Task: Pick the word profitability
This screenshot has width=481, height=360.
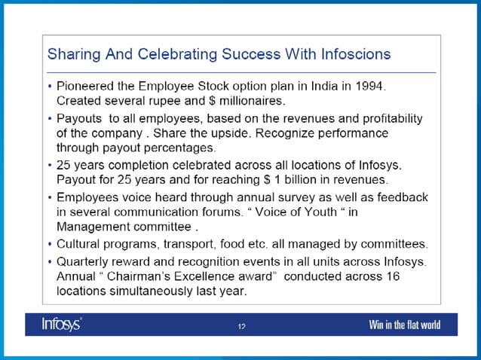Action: tap(389, 119)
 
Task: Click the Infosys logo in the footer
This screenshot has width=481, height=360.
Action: tap(63, 325)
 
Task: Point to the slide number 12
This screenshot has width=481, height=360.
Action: tap(241, 326)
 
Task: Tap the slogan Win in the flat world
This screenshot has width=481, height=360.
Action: tap(404, 325)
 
